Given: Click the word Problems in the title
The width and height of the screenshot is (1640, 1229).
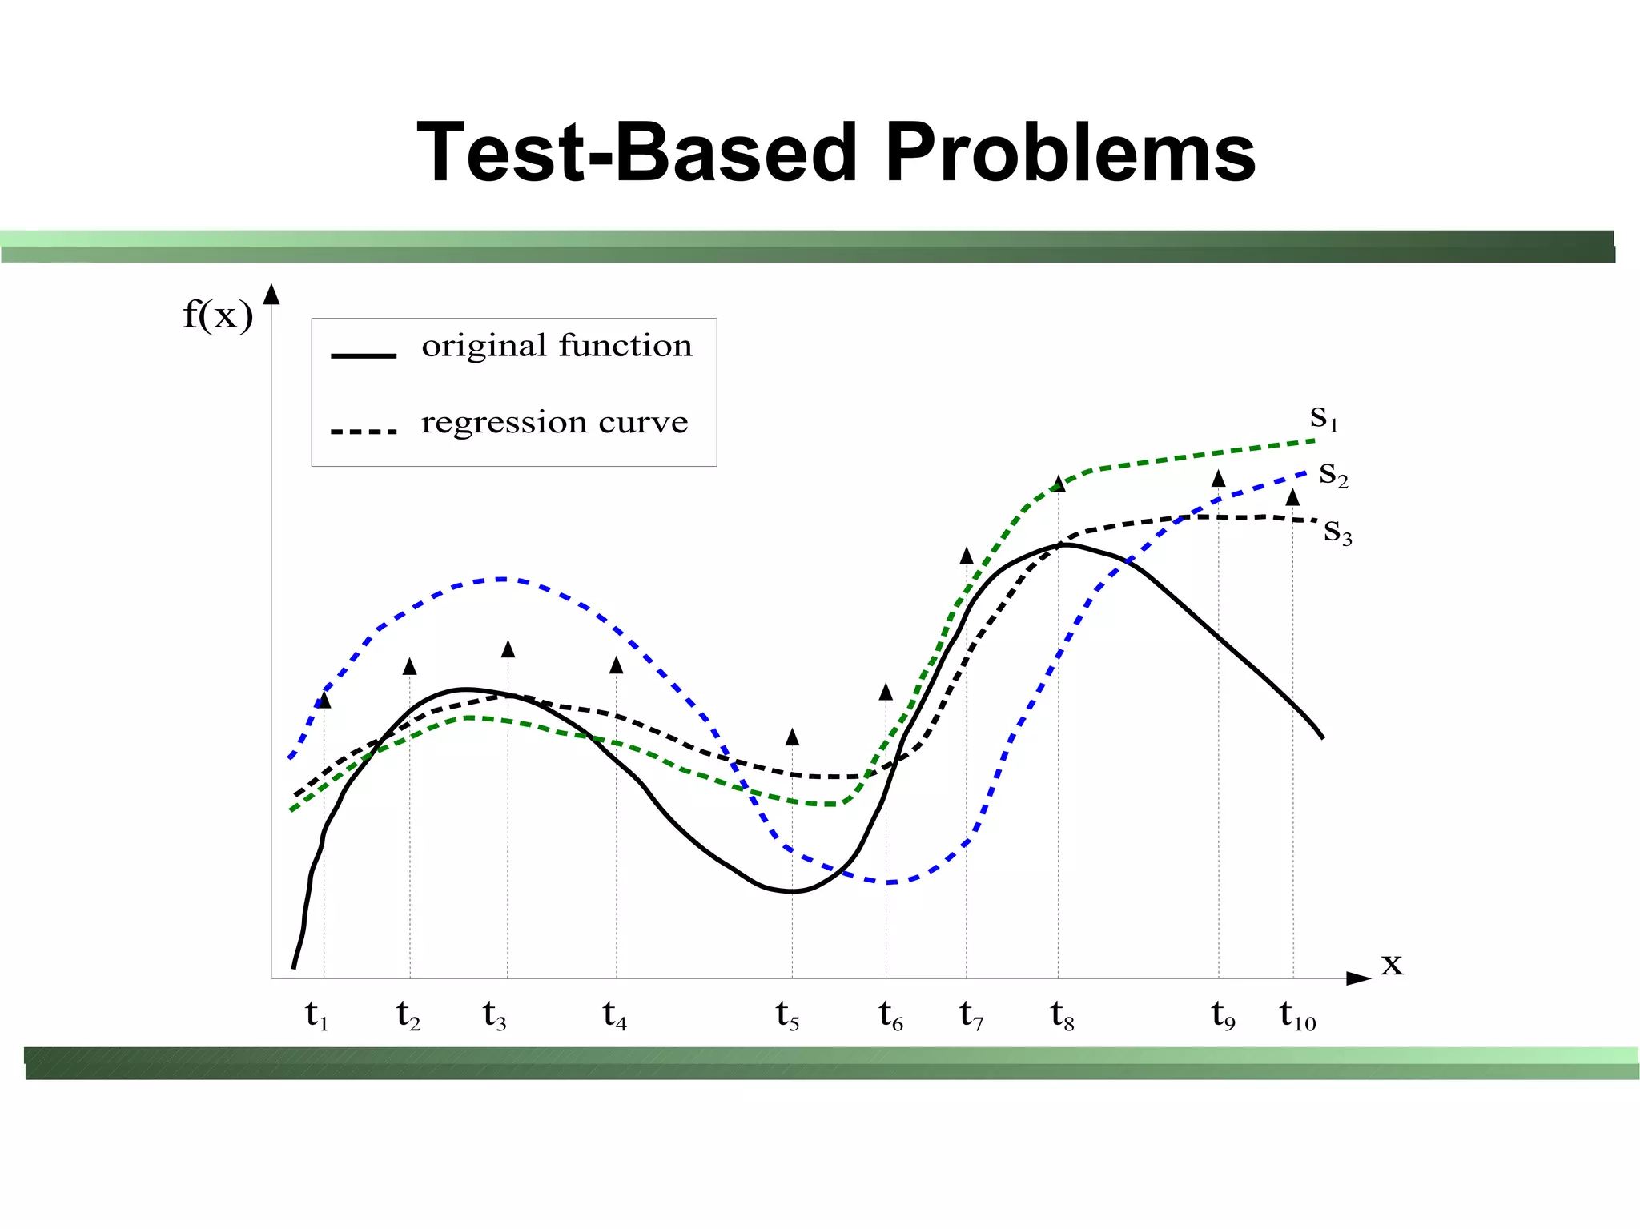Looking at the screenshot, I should [x=1070, y=152].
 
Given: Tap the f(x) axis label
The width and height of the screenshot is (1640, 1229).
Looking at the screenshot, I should [x=217, y=315].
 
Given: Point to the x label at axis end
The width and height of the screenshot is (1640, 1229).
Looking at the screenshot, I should [x=1392, y=964].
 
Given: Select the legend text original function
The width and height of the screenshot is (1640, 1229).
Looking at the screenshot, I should [x=557, y=346].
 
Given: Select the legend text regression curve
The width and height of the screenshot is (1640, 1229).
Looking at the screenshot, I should [x=554, y=422].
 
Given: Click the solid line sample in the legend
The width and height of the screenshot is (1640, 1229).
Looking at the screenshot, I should [x=364, y=355].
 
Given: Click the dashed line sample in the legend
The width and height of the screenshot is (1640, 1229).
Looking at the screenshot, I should [x=364, y=432].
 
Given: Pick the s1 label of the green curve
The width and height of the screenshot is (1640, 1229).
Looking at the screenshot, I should [x=1324, y=417].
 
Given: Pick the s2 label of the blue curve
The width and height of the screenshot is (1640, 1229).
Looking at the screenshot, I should [x=1333, y=474].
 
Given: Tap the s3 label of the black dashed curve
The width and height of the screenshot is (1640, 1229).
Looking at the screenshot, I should [x=1337, y=531].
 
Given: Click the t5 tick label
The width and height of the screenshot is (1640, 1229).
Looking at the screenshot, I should [x=787, y=1015].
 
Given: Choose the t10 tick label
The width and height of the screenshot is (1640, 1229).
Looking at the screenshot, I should [x=1297, y=1015].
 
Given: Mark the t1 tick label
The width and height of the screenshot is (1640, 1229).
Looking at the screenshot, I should [x=316, y=1015].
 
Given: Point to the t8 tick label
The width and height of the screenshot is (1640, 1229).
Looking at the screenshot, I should [x=1062, y=1015].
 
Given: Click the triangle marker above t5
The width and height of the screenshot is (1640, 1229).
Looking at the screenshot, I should [x=792, y=737].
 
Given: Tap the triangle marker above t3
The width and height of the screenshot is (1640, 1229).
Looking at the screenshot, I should [x=508, y=649].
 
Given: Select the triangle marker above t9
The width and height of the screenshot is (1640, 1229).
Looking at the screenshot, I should [x=1218, y=479].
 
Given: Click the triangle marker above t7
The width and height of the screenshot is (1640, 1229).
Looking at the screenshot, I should [x=967, y=556].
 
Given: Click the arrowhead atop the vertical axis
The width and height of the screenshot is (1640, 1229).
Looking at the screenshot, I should [x=271, y=295].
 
